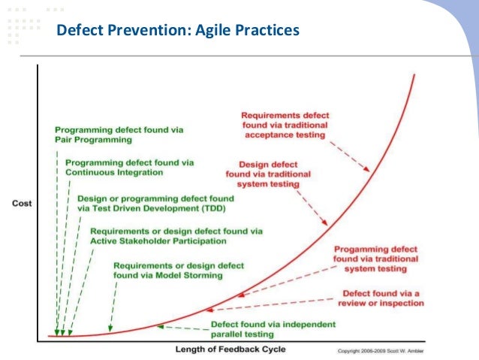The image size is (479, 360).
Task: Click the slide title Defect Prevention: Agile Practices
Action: point(179,31)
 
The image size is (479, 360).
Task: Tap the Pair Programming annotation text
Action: point(119,135)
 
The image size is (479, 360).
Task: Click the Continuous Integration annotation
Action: point(129,167)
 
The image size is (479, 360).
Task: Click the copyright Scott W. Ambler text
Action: point(381,351)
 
